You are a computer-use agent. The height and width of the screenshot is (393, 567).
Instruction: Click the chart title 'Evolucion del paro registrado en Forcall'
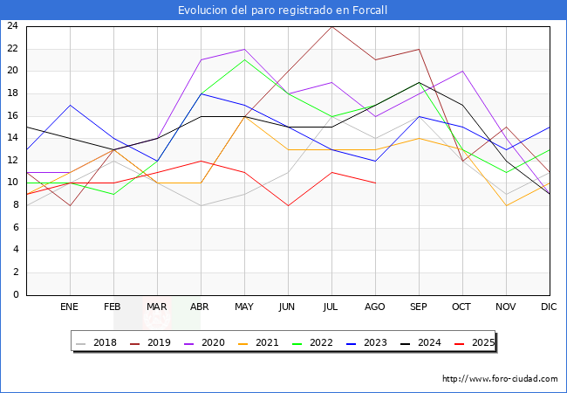283,10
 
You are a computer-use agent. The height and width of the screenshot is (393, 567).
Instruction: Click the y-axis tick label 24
12,26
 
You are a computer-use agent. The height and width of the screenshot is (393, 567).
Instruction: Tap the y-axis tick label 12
12,161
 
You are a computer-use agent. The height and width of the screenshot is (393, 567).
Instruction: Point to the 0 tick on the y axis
16,295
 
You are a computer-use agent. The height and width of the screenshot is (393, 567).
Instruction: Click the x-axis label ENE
70,307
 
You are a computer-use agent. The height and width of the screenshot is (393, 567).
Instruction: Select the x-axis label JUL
331,307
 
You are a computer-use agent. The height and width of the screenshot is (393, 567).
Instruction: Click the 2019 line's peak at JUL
331,26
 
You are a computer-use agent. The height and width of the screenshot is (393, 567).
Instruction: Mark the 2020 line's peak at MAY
244,49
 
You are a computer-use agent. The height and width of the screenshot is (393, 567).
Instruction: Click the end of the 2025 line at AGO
375,183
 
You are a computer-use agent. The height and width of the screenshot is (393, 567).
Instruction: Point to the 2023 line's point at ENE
70,105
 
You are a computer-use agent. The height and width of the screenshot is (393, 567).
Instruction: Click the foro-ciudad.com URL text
500,379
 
